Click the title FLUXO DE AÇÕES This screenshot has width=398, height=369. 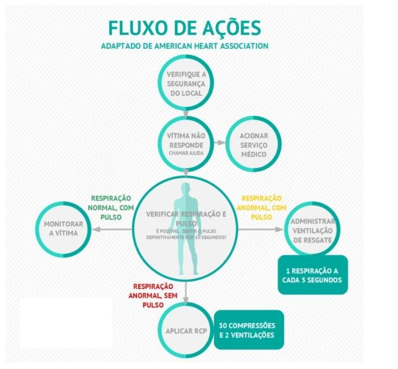(x=185, y=28)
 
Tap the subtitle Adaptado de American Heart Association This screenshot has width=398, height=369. (x=185, y=46)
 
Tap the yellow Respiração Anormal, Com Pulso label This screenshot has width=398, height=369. (x=261, y=207)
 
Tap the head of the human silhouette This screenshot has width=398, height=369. (x=186, y=191)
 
